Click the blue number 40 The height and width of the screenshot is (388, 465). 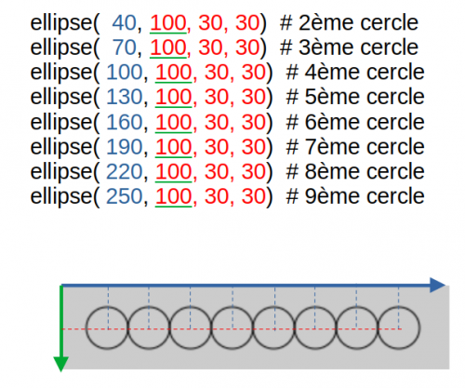pos(124,23)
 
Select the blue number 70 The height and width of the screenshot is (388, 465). pos(124,47)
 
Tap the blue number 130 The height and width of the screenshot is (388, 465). pos(124,97)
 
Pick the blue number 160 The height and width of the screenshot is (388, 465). pos(124,122)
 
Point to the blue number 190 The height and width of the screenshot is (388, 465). pos(124,147)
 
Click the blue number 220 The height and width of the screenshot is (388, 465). pos(124,171)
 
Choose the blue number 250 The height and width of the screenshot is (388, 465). pos(124,196)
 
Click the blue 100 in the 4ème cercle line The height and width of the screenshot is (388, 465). pos(124,73)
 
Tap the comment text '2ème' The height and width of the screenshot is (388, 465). pos(327,23)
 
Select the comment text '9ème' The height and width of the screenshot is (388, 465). pos(333,196)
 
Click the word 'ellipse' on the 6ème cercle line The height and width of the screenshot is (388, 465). pos(61,123)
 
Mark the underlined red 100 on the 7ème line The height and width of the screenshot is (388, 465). pos(174,147)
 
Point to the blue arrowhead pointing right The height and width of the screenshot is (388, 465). pos(438,285)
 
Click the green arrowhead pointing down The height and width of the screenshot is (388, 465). pos(61,364)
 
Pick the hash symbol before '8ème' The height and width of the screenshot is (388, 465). pos(292,171)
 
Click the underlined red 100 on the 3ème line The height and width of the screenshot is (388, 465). pos(168,48)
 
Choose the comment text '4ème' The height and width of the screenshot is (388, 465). pos(333,73)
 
